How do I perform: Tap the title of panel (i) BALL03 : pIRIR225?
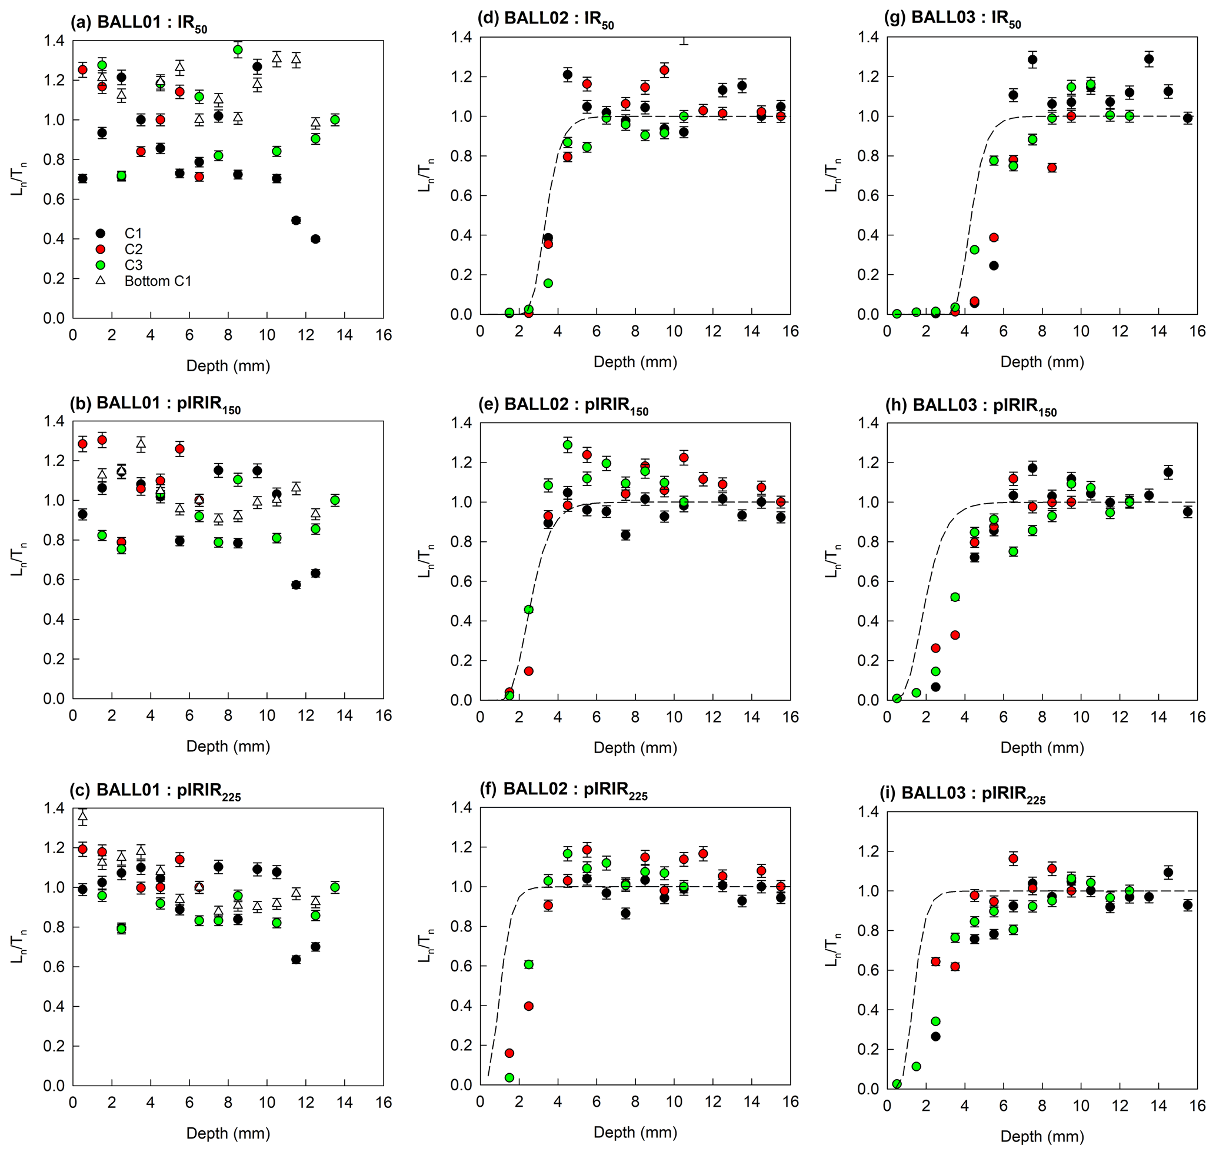coord(965,794)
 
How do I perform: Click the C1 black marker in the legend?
coord(101,234)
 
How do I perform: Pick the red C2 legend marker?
coord(101,249)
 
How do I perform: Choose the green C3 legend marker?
coord(101,265)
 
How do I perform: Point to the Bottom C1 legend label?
coord(158,281)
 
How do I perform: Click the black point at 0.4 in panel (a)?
coord(315,239)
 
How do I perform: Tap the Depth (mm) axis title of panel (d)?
coord(635,362)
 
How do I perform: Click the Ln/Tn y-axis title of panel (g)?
coord(832,176)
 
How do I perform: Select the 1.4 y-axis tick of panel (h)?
coord(868,423)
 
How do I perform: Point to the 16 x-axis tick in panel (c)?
coord(383,1103)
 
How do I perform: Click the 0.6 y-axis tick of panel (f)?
coord(461,966)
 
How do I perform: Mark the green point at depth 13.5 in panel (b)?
coord(334,501)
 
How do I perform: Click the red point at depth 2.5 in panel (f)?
coord(528,1006)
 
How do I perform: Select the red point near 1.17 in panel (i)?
coord(1013,859)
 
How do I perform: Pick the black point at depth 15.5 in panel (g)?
coord(1187,118)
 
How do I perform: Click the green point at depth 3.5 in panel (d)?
coord(548,283)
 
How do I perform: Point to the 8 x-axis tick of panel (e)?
coord(635,717)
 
